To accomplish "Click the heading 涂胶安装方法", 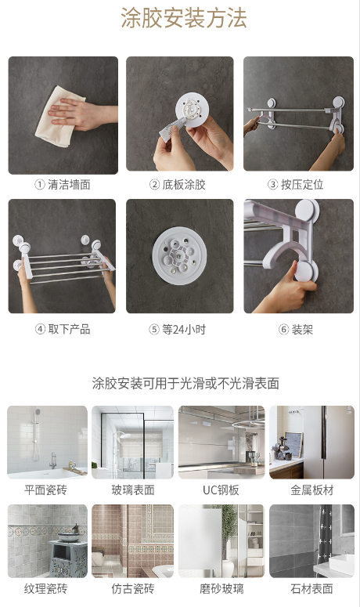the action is [x=184, y=18].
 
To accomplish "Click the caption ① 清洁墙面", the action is [x=63, y=185].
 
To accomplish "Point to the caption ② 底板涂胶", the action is [x=178, y=185].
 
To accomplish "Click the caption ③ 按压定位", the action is [x=295, y=185].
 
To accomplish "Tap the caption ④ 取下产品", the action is [x=63, y=330].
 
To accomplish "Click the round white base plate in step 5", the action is [x=179, y=256].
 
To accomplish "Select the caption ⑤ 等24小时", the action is [x=178, y=330].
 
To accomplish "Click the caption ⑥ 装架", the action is [x=296, y=330].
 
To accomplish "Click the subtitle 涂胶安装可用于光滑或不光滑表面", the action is [x=185, y=383].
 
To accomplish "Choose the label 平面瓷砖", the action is [x=45, y=490].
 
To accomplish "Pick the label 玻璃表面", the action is [x=133, y=490].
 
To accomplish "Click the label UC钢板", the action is [x=221, y=490].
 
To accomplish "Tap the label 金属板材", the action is [x=311, y=490].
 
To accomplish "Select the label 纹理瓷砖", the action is [x=45, y=589].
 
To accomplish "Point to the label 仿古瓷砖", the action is [x=133, y=589].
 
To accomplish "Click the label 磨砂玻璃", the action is [x=221, y=589].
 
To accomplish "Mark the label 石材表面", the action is [x=311, y=589].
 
